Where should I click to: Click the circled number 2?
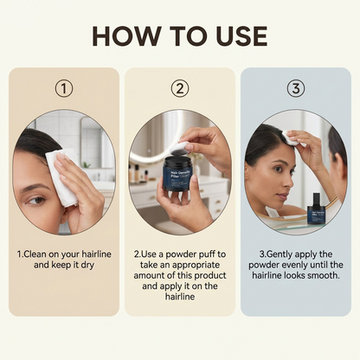pos(179,88)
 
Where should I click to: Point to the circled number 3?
pos(296,88)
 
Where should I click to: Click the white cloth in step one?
pos(62,177)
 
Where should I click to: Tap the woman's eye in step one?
pos(35,200)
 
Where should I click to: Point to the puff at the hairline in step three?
pos(291,137)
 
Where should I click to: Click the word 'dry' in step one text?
pos(99,264)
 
